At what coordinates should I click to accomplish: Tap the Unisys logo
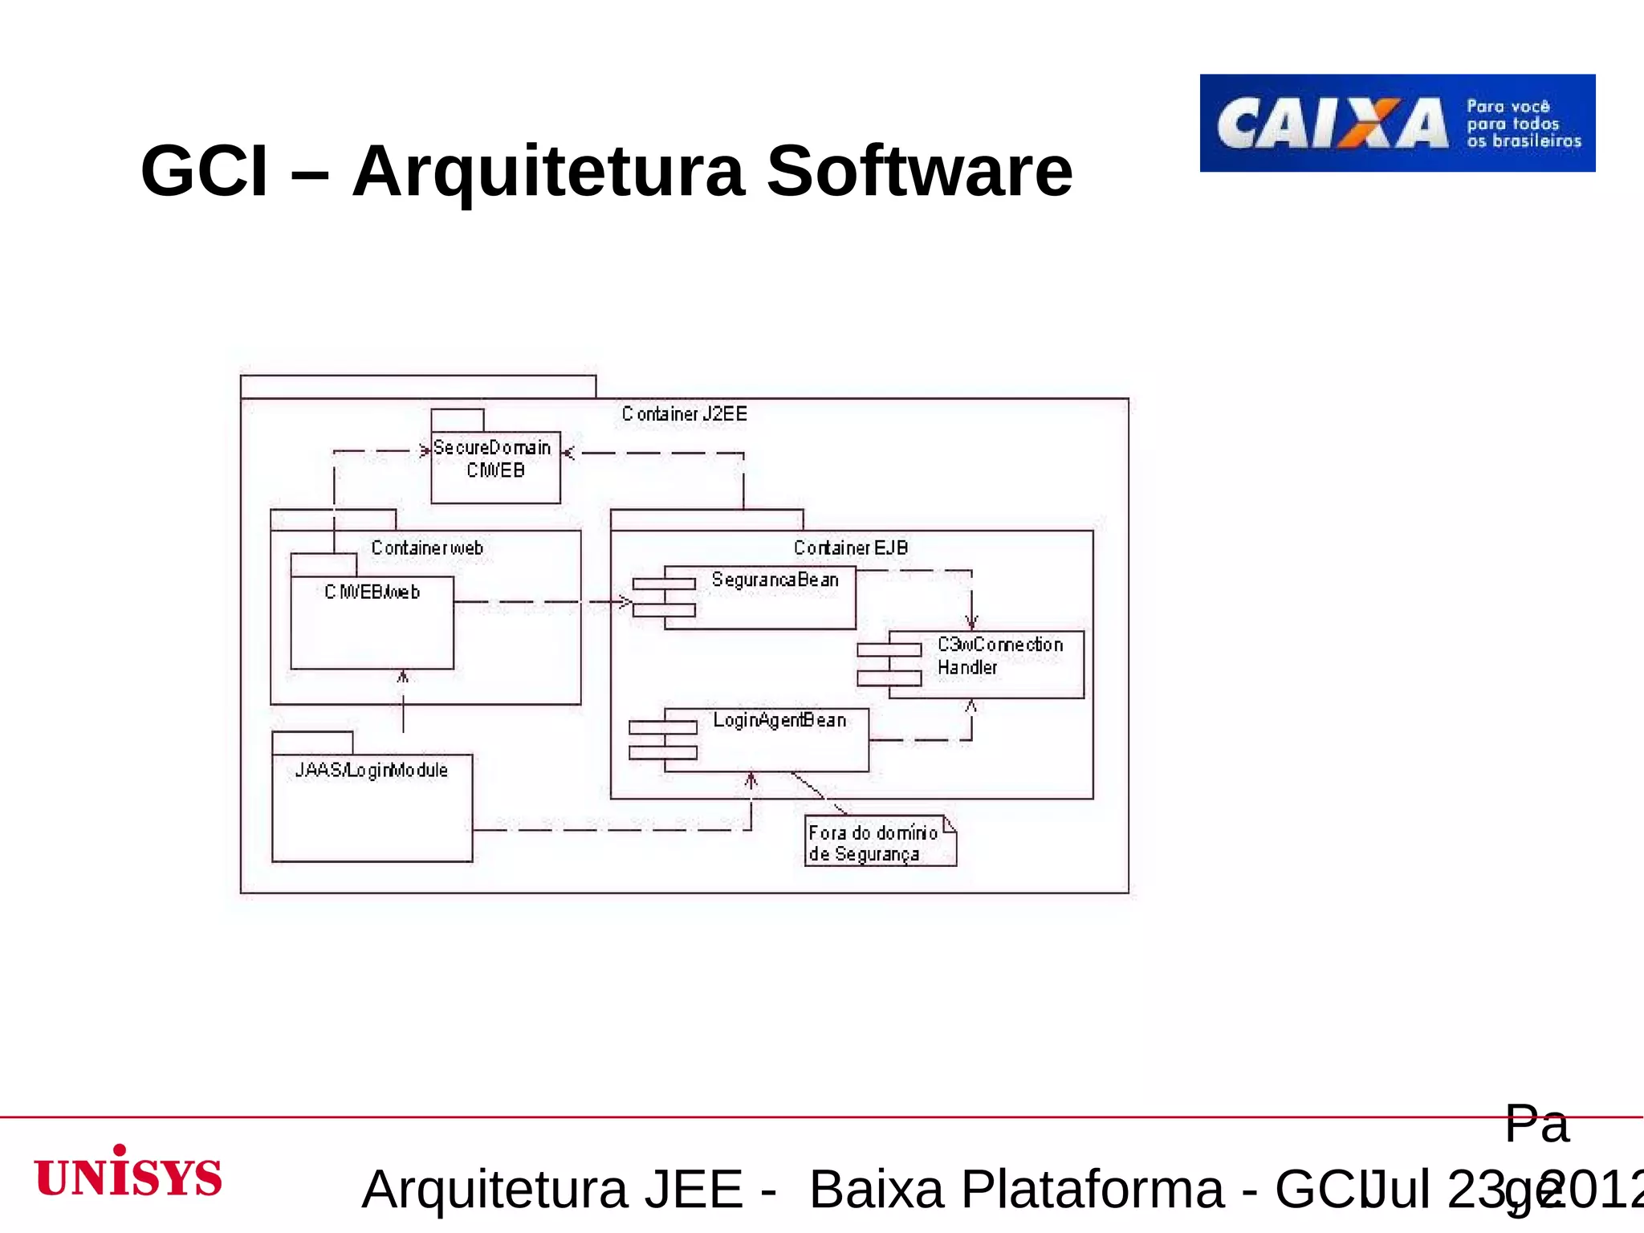(128, 1173)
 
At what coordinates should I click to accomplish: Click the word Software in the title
(919, 171)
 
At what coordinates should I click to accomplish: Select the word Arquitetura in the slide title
(548, 171)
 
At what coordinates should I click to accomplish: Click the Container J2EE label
(684, 414)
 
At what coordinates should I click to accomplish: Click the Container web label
(426, 548)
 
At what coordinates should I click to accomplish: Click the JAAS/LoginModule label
(371, 771)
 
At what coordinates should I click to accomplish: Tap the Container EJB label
(851, 548)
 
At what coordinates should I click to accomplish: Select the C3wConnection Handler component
(986, 665)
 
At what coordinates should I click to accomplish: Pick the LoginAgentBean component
(766, 740)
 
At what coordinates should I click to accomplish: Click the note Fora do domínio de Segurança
(880, 842)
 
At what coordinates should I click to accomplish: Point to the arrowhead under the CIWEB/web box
(403, 677)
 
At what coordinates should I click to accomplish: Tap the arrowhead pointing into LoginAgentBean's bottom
(751, 779)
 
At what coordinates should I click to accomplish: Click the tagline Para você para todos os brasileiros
(1523, 124)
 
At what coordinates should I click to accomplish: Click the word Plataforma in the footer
(1093, 1189)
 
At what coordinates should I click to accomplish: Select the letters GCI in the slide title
(204, 171)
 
